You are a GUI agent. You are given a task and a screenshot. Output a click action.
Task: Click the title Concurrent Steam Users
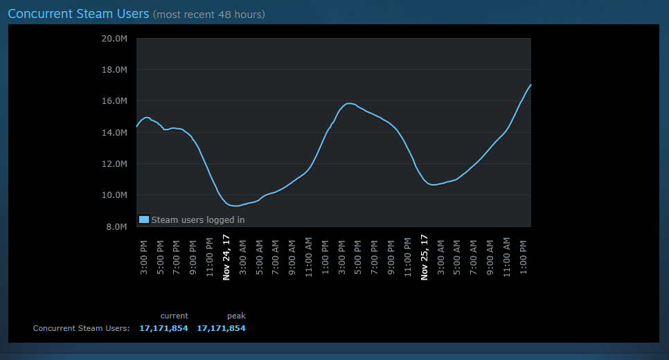pyautogui.click(x=78, y=14)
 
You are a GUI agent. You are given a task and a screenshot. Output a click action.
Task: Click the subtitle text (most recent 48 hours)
pyautogui.click(x=209, y=15)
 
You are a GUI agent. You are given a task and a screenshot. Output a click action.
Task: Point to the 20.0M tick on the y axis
pyautogui.click(x=114, y=38)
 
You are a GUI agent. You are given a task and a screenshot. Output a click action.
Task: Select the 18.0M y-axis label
pyautogui.click(x=114, y=69)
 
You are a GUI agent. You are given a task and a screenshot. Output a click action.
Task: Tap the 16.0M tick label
pyautogui.click(x=114, y=101)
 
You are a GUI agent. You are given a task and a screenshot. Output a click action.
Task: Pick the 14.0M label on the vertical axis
pyautogui.click(x=114, y=133)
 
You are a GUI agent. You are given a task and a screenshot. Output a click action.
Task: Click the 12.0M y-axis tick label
pyautogui.click(x=114, y=164)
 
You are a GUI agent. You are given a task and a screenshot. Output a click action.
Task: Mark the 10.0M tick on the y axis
pyautogui.click(x=114, y=195)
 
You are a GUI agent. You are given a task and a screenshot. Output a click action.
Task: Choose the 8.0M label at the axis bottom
pyautogui.click(x=116, y=226)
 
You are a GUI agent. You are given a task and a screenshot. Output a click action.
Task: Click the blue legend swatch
pyautogui.click(x=144, y=219)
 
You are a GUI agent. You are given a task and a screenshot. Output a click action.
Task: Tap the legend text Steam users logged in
pyautogui.click(x=198, y=219)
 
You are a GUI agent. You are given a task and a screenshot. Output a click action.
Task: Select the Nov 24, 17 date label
pyautogui.click(x=226, y=258)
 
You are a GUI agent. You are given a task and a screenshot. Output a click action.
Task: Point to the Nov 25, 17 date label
pyautogui.click(x=424, y=258)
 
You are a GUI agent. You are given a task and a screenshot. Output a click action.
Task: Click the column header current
pyautogui.click(x=174, y=316)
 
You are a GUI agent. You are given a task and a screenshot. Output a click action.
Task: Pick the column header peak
pyautogui.click(x=236, y=316)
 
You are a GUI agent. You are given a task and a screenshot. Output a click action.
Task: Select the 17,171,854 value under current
pyautogui.click(x=163, y=328)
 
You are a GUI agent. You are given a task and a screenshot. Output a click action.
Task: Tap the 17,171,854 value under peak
pyautogui.click(x=221, y=328)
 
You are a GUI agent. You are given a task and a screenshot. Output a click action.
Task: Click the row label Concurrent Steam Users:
pyautogui.click(x=82, y=328)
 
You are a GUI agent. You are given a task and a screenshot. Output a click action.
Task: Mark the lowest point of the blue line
pyautogui.click(x=235, y=206)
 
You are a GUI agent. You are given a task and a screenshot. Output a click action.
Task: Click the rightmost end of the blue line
pyautogui.click(x=530, y=85)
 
